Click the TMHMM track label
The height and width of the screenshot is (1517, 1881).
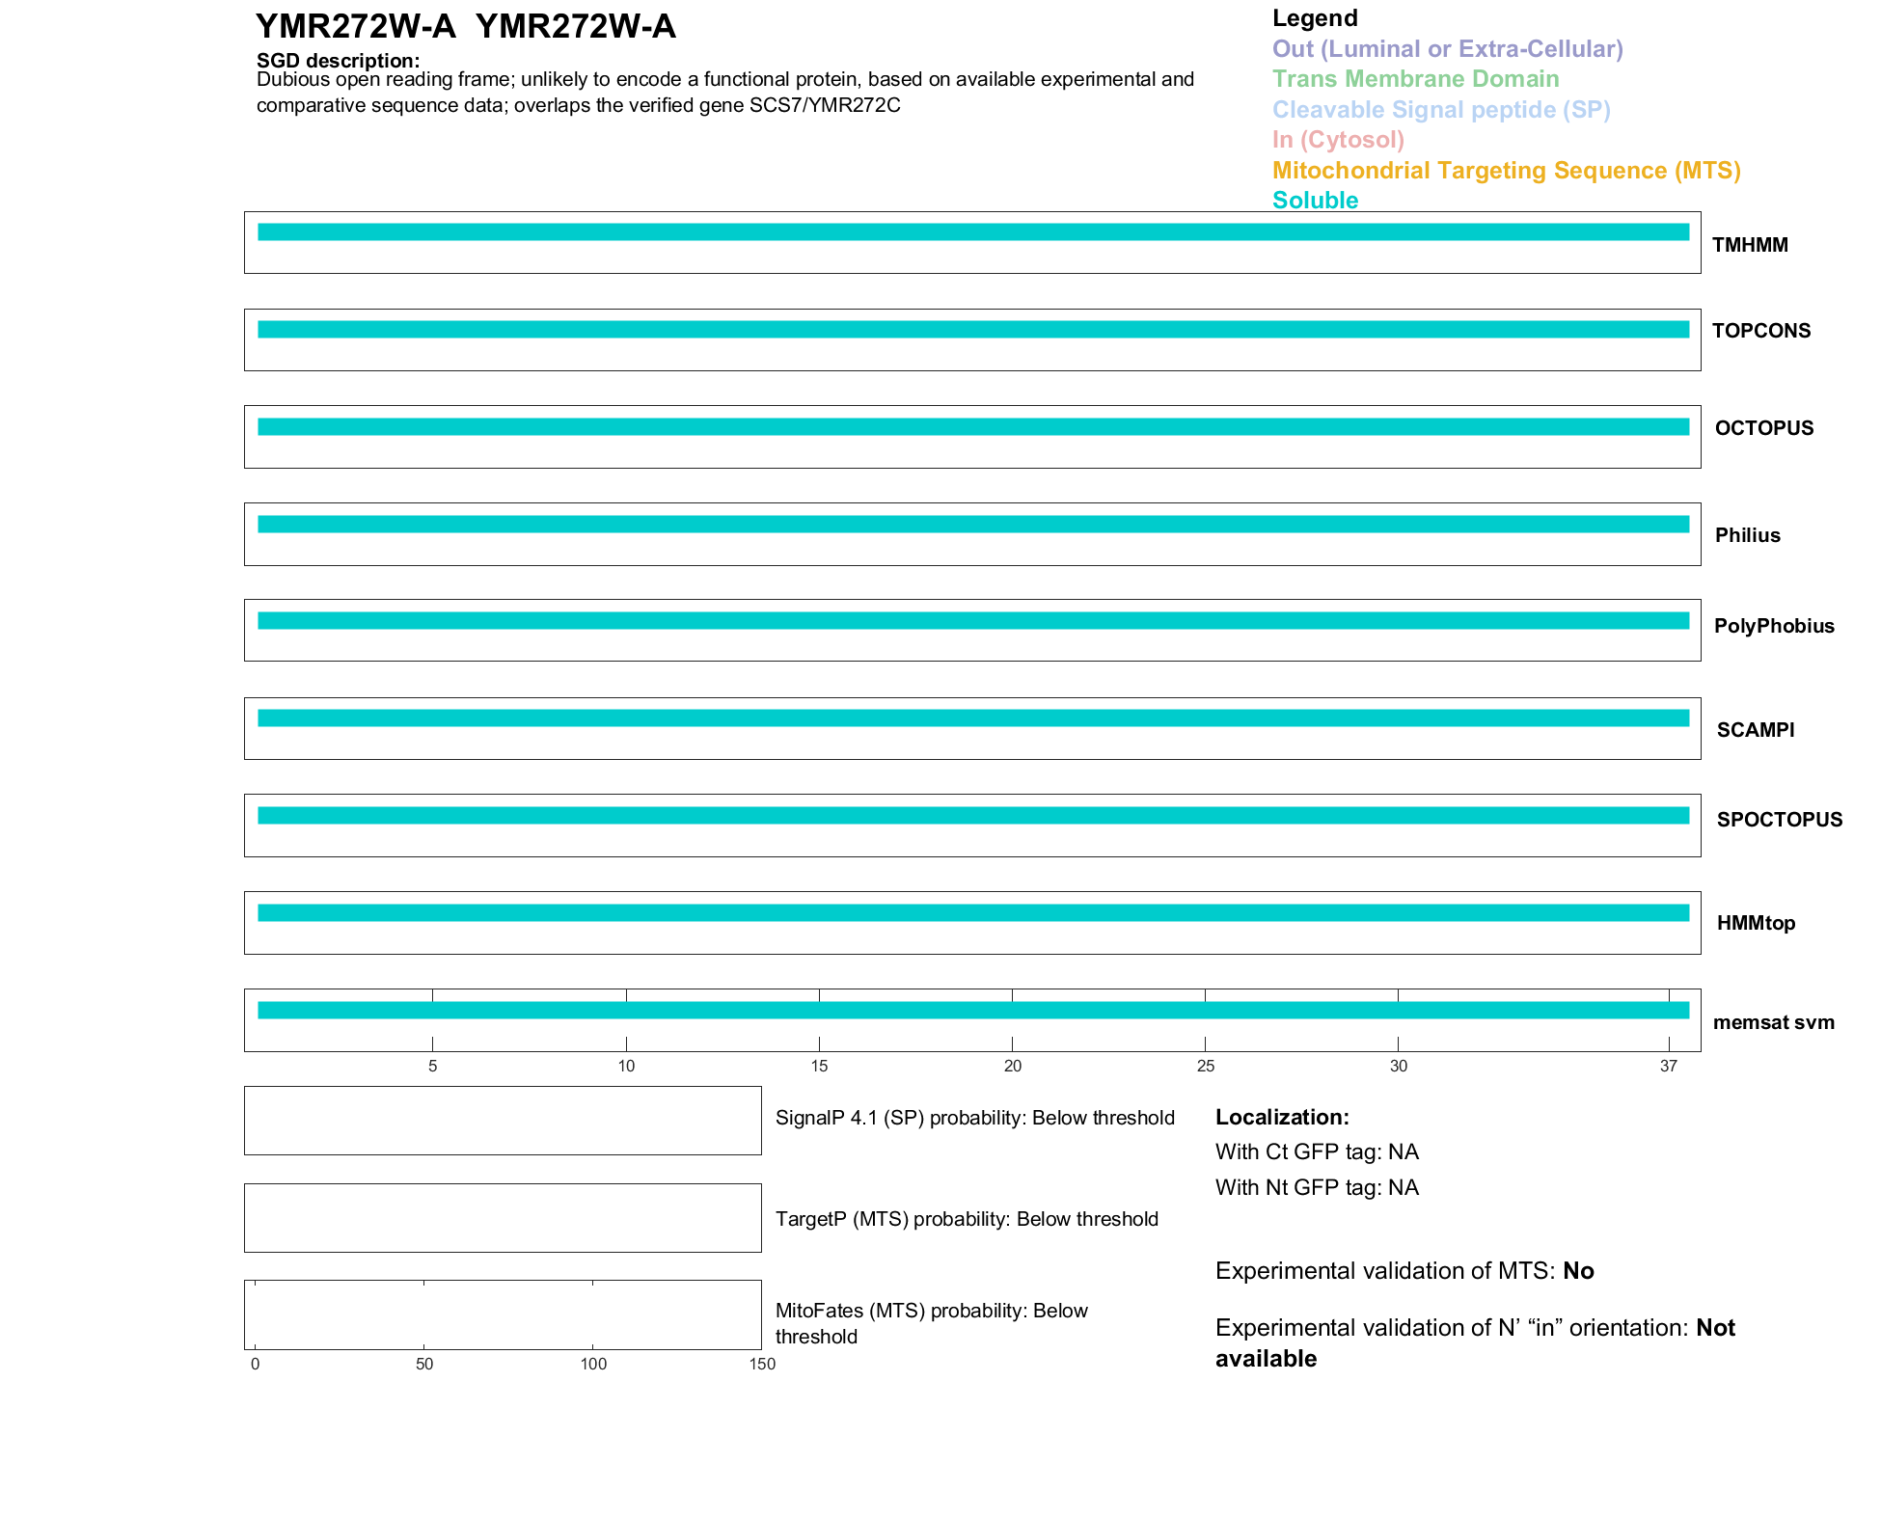(1750, 245)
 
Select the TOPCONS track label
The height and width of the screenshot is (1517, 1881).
(1761, 331)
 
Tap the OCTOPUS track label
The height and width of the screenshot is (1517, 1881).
(1764, 428)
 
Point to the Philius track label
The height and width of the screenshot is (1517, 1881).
(1747, 535)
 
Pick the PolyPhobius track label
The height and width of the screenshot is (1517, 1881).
(1774, 626)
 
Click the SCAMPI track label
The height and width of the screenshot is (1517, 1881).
(1756, 730)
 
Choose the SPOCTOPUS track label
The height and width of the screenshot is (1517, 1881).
(1780, 820)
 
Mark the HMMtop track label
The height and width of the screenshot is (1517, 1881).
(1756, 923)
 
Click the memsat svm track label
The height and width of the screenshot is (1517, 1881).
(1774, 1022)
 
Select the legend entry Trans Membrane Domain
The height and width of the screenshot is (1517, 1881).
(1415, 79)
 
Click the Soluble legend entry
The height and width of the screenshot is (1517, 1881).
(1315, 201)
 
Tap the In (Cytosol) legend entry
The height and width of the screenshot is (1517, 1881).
(1338, 140)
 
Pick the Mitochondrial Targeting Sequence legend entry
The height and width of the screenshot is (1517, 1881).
(1506, 171)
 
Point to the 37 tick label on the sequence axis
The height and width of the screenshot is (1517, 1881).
(1669, 1066)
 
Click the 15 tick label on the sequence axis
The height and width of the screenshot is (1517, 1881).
(819, 1066)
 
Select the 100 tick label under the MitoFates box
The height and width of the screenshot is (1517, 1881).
(593, 1364)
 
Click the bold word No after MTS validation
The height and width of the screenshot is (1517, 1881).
(1578, 1271)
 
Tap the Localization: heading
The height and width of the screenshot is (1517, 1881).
(1282, 1118)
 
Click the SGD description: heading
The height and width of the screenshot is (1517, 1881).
(338, 61)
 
